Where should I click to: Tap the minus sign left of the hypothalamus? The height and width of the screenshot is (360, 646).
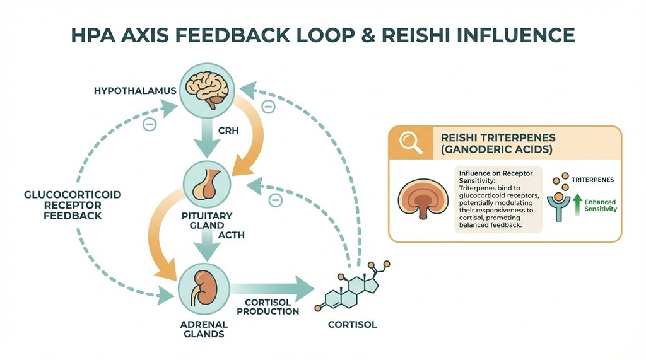[149, 124]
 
